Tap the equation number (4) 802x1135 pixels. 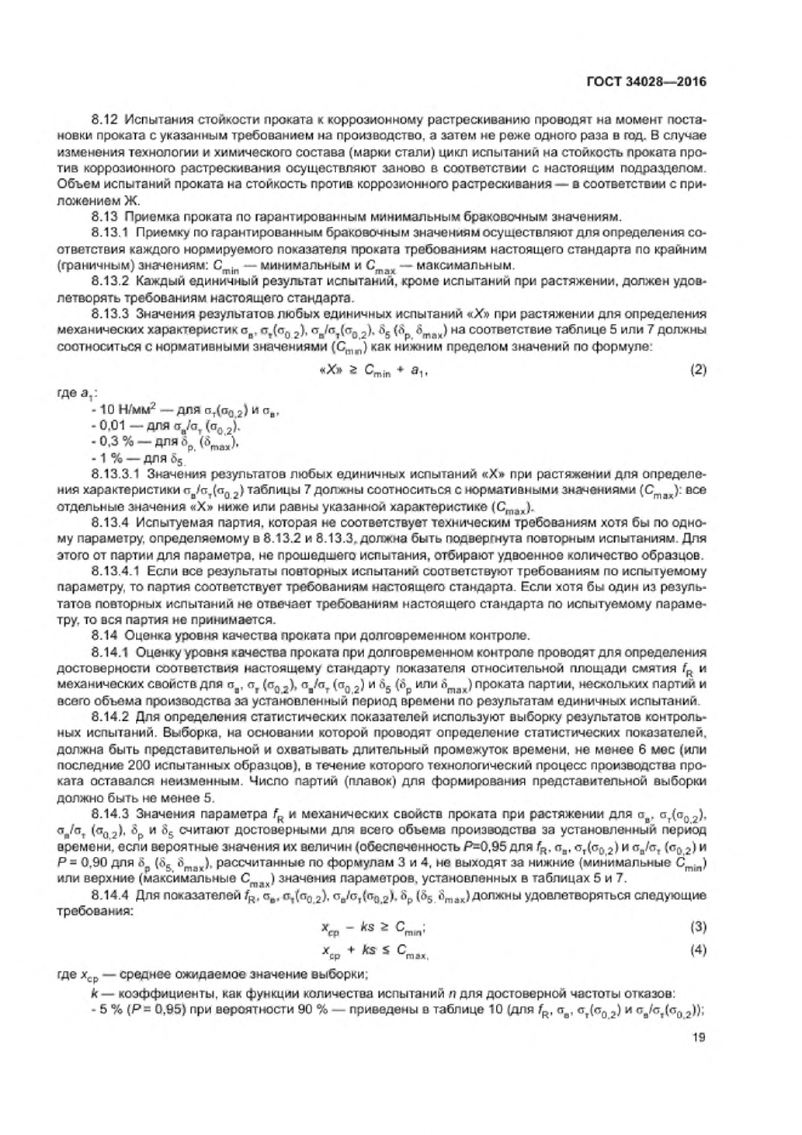[x=698, y=949]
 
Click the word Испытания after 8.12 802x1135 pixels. [x=153, y=120]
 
